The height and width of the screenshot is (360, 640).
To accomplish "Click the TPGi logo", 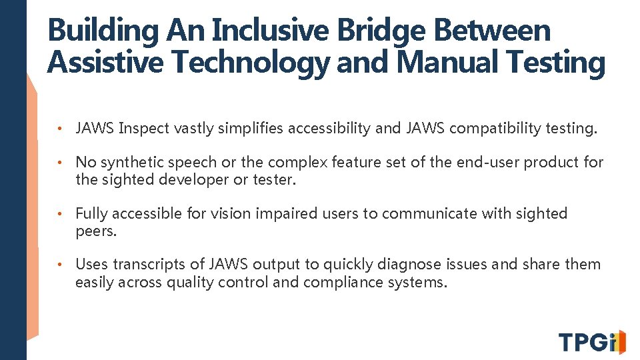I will [x=592, y=342].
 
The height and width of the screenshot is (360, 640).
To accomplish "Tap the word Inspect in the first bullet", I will [x=144, y=129].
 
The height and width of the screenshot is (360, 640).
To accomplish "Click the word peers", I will [x=96, y=231].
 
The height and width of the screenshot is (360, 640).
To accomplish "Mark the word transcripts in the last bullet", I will [x=145, y=265].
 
